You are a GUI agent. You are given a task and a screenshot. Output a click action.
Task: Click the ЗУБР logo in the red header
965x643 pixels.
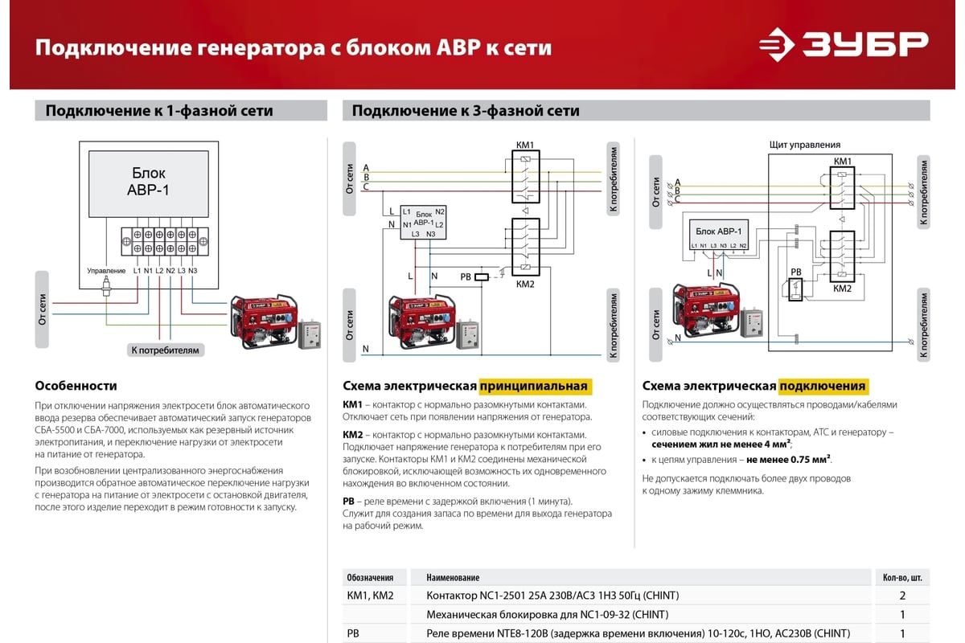844,45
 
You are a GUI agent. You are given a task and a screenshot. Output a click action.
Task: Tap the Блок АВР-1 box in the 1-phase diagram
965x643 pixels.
149,184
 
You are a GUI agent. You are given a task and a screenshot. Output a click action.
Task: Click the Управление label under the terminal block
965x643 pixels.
106,271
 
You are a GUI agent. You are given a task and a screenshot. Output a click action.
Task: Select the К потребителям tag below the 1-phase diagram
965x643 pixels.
166,350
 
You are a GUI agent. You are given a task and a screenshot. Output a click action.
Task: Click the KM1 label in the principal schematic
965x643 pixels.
524,145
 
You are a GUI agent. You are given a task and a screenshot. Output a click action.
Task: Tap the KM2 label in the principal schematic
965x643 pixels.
525,285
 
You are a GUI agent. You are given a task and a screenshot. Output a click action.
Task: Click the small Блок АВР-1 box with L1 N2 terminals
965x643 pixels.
423,222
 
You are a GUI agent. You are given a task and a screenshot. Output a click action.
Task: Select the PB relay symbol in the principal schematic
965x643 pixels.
482,277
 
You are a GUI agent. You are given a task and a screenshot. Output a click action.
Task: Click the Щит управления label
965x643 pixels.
805,145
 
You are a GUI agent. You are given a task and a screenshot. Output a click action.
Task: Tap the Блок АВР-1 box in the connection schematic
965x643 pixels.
719,235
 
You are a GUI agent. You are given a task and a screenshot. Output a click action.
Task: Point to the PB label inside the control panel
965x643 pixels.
795,272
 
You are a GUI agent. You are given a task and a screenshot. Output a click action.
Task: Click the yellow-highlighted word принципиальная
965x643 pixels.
534,387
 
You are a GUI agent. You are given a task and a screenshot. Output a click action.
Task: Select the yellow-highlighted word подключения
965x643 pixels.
823,387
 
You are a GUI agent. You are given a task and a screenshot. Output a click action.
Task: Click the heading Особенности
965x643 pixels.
76,386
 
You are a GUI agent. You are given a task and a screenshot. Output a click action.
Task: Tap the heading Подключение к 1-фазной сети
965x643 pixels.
159,111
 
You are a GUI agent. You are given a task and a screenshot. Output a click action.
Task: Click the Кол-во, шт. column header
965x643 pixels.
902,578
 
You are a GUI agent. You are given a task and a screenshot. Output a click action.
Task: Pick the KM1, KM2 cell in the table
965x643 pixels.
370,596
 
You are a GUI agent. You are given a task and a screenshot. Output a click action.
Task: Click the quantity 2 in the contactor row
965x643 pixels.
902,596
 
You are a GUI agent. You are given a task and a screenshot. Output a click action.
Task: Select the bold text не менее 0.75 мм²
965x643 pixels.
788,460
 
